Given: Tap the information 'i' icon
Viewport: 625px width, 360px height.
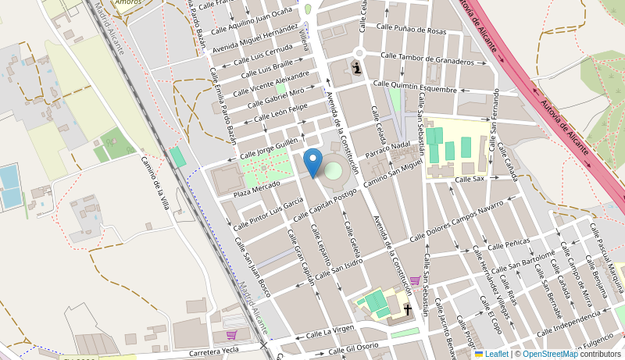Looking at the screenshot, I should tap(357, 68).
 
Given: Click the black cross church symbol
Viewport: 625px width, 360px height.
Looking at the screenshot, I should tap(407, 310).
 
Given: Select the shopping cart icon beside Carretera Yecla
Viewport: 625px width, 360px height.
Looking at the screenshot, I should tap(231, 335).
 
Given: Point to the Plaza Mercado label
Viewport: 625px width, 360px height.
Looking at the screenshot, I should tap(256, 187).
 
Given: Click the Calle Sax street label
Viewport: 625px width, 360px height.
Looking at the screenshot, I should tap(470, 179).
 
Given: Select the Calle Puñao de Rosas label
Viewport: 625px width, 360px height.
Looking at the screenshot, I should tap(412, 29).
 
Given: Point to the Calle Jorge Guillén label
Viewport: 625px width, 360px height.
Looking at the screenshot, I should tap(269, 148).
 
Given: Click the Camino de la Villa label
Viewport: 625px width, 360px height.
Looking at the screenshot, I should tap(155, 182).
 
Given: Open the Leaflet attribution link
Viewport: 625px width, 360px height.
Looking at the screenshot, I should tap(491, 354).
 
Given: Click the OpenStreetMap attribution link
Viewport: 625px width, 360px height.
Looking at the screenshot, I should tap(550, 354).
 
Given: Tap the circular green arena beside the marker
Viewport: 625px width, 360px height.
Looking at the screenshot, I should tap(334, 170).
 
